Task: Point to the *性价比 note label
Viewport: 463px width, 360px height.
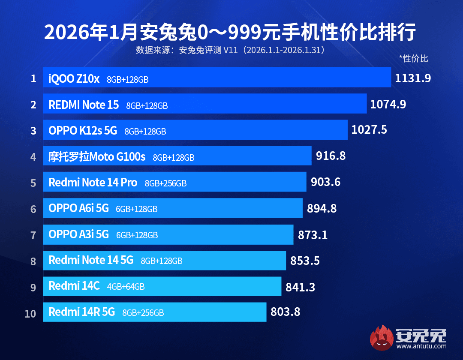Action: coord(413,59)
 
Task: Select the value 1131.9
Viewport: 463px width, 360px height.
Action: coord(413,78)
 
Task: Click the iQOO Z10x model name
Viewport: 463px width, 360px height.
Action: coord(74,79)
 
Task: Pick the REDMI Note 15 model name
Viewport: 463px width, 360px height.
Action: coord(84,105)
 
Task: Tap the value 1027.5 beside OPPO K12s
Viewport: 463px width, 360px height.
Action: coord(369,130)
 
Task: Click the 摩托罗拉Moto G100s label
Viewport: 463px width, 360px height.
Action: coord(97,157)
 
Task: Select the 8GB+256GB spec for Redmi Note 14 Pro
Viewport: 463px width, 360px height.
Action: coord(165,183)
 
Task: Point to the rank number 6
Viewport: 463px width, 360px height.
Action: coord(33,209)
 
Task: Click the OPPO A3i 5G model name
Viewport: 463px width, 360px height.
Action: coord(79,234)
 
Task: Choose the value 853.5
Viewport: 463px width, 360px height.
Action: coord(305,261)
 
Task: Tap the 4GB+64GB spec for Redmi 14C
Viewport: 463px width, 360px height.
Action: coord(126,287)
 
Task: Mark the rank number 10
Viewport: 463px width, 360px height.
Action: coord(30,313)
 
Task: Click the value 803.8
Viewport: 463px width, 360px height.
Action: coord(285,312)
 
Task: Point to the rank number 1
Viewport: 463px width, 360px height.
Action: coord(33,78)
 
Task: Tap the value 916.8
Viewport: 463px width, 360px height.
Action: coord(331,156)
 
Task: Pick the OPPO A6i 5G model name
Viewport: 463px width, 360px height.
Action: coord(78,208)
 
